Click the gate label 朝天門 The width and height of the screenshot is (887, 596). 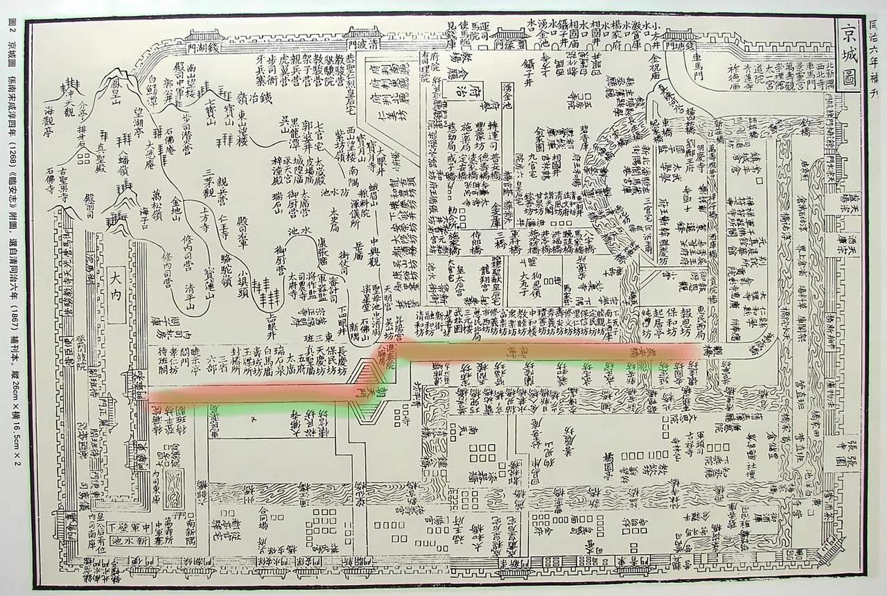(x=375, y=398)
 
